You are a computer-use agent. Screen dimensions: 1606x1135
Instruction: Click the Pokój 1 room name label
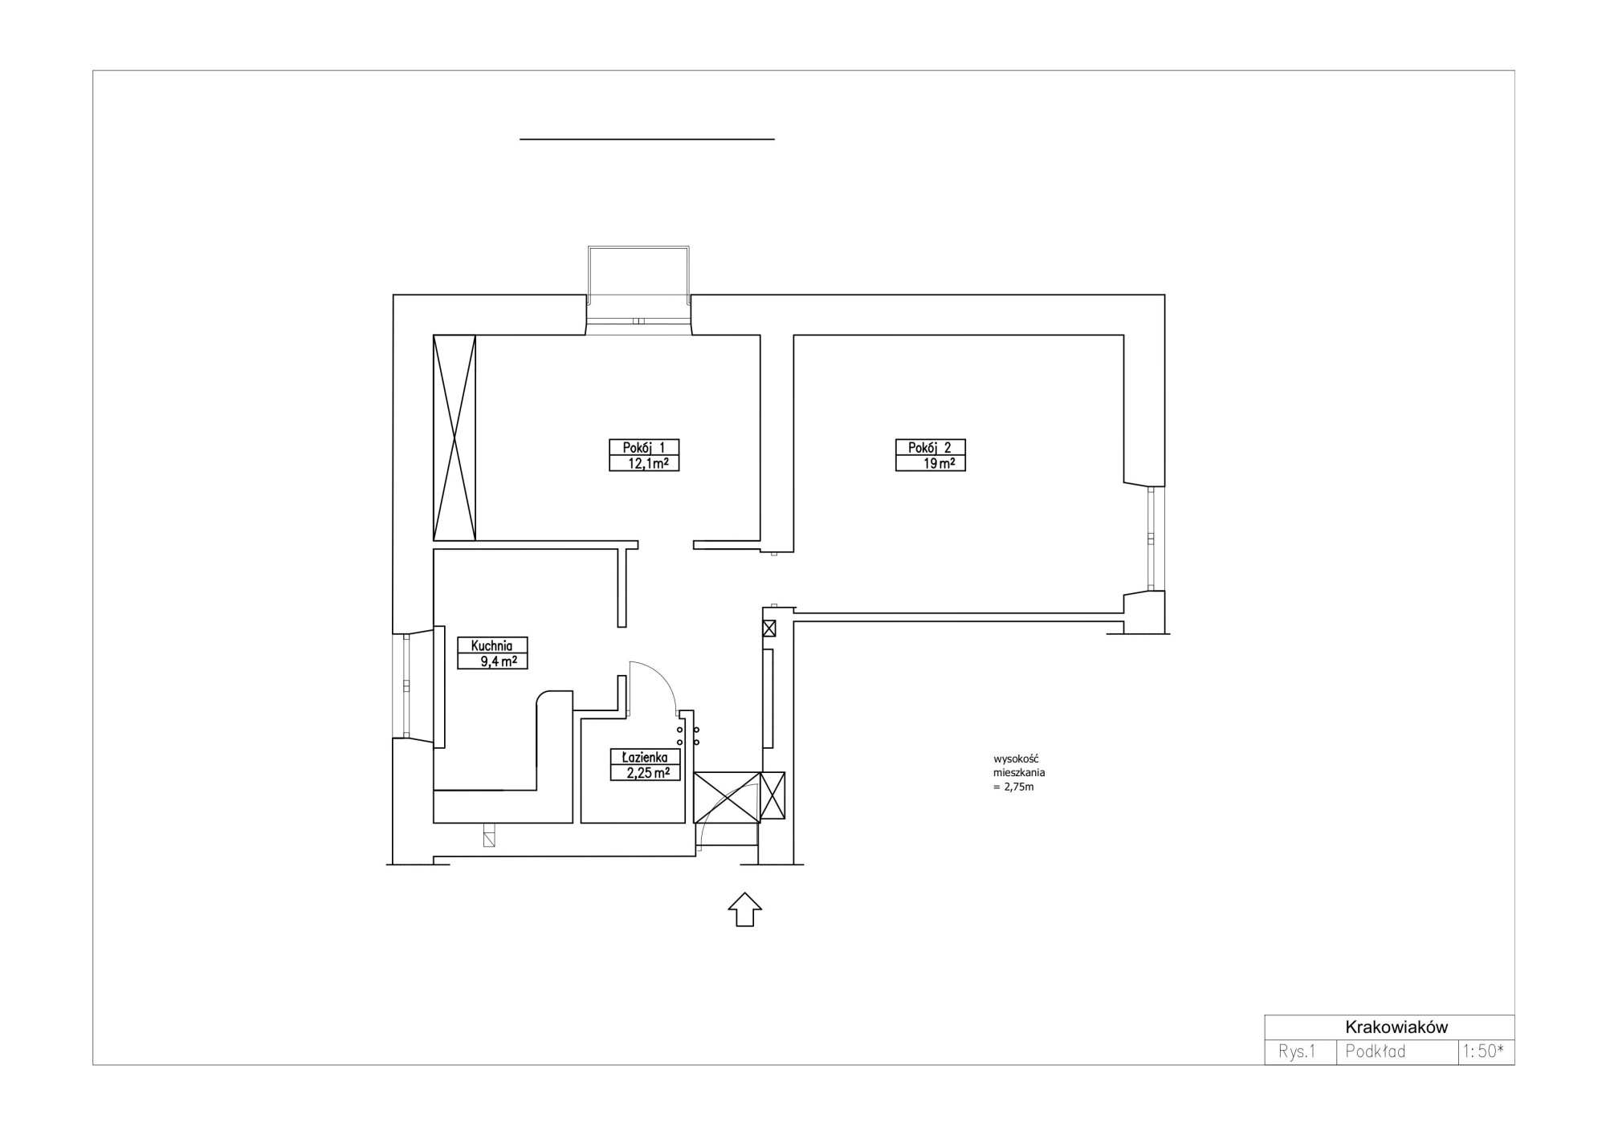pos(644,448)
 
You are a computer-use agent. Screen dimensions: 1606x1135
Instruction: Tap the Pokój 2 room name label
pos(930,448)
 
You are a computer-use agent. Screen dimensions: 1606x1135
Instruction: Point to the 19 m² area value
pos(939,463)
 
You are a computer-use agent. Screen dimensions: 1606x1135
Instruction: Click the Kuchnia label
pos(492,645)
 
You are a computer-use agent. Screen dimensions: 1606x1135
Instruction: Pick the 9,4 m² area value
pos(498,661)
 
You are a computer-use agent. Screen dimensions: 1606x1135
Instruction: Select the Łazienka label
pos(645,757)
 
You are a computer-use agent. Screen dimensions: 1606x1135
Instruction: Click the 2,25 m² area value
pos(648,773)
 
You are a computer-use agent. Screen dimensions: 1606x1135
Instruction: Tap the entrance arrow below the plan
pos(745,909)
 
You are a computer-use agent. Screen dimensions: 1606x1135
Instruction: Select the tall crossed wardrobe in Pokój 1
pos(454,437)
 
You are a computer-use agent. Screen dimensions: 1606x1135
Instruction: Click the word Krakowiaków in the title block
pos(1396,1027)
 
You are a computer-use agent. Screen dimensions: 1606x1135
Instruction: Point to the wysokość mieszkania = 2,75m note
pos(1019,773)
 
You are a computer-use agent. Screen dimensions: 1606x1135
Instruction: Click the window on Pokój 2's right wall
pos(1155,538)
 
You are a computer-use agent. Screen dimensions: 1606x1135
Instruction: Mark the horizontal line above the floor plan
pos(647,139)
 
